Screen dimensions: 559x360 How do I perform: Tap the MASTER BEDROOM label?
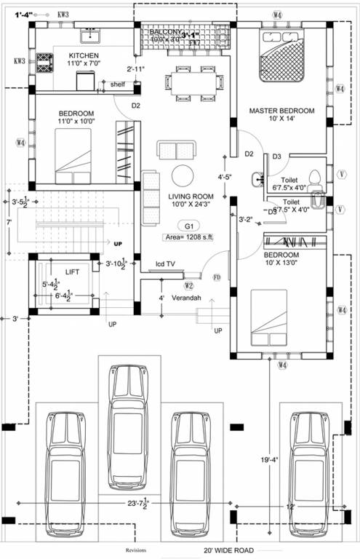click(281, 111)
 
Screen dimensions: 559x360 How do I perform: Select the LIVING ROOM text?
click(191, 197)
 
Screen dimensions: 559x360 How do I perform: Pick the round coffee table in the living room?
click(182, 175)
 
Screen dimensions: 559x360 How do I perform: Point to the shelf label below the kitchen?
click(118, 84)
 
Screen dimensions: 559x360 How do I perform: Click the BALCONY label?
click(165, 33)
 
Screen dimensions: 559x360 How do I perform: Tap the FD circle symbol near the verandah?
click(216, 277)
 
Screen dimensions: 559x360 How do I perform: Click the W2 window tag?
click(189, 285)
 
